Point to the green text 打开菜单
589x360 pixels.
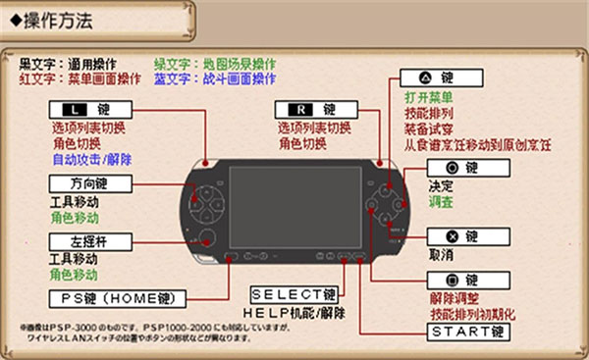coord(428,98)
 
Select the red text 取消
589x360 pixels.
coord(441,255)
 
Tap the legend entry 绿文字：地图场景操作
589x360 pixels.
coord(214,62)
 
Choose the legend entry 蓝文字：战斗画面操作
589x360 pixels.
coord(214,77)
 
